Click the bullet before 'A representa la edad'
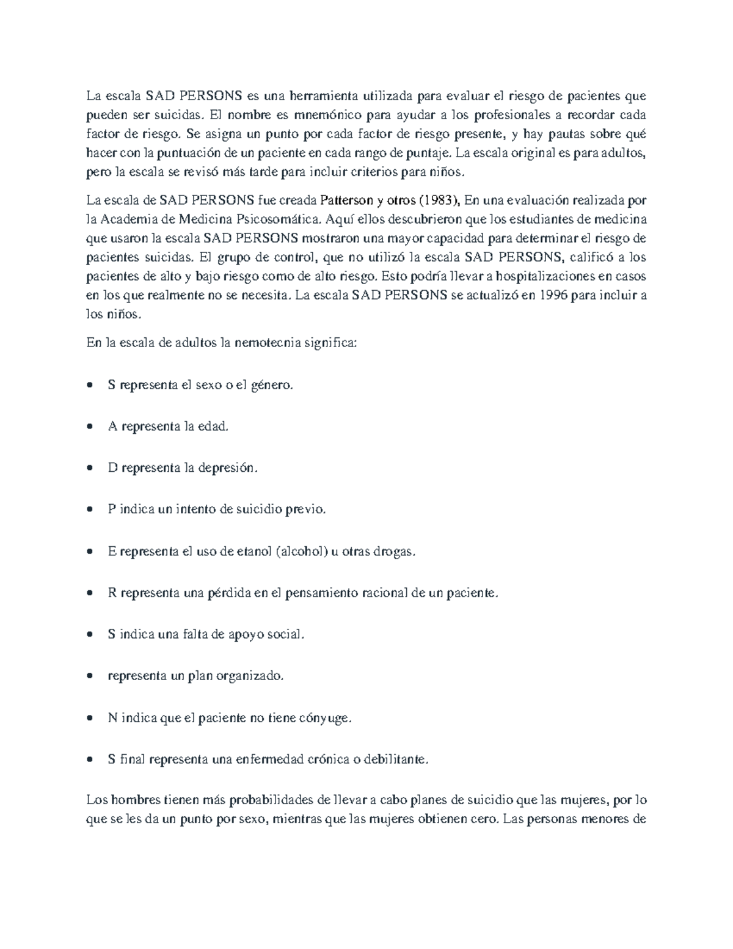point(90,427)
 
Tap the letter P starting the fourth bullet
point(112,509)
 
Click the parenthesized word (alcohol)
point(302,551)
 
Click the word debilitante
point(396,760)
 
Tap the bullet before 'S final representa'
point(90,760)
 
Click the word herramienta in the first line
point(324,95)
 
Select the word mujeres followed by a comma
point(586,800)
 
